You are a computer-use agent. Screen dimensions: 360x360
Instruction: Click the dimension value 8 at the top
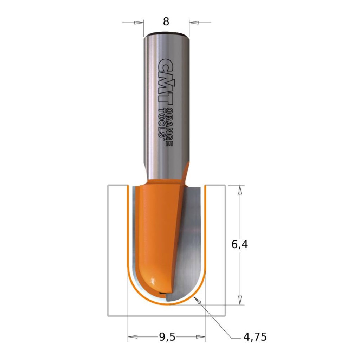pos(166,22)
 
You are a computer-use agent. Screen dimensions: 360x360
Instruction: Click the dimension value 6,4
pos(239,244)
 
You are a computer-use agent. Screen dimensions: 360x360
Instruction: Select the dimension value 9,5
pos(167,337)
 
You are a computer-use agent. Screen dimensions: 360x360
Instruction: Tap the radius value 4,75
pos(255,337)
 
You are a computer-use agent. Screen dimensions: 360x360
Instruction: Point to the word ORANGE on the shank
pos(169,124)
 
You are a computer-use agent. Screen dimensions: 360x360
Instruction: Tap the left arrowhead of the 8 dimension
pos(139,22)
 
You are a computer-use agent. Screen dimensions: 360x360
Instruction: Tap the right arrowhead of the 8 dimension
pos(194,22)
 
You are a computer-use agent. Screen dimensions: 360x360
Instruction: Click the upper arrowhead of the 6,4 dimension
pos(240,190)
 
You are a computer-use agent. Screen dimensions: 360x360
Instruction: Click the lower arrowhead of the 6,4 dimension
pos(240,300)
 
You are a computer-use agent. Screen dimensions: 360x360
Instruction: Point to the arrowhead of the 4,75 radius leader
pos(198,300)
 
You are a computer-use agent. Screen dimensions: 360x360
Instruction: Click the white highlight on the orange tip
pos(153,281)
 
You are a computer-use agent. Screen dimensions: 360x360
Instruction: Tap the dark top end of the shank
pos(166,34)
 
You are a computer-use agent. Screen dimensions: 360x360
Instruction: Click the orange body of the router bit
pos(155,229)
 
